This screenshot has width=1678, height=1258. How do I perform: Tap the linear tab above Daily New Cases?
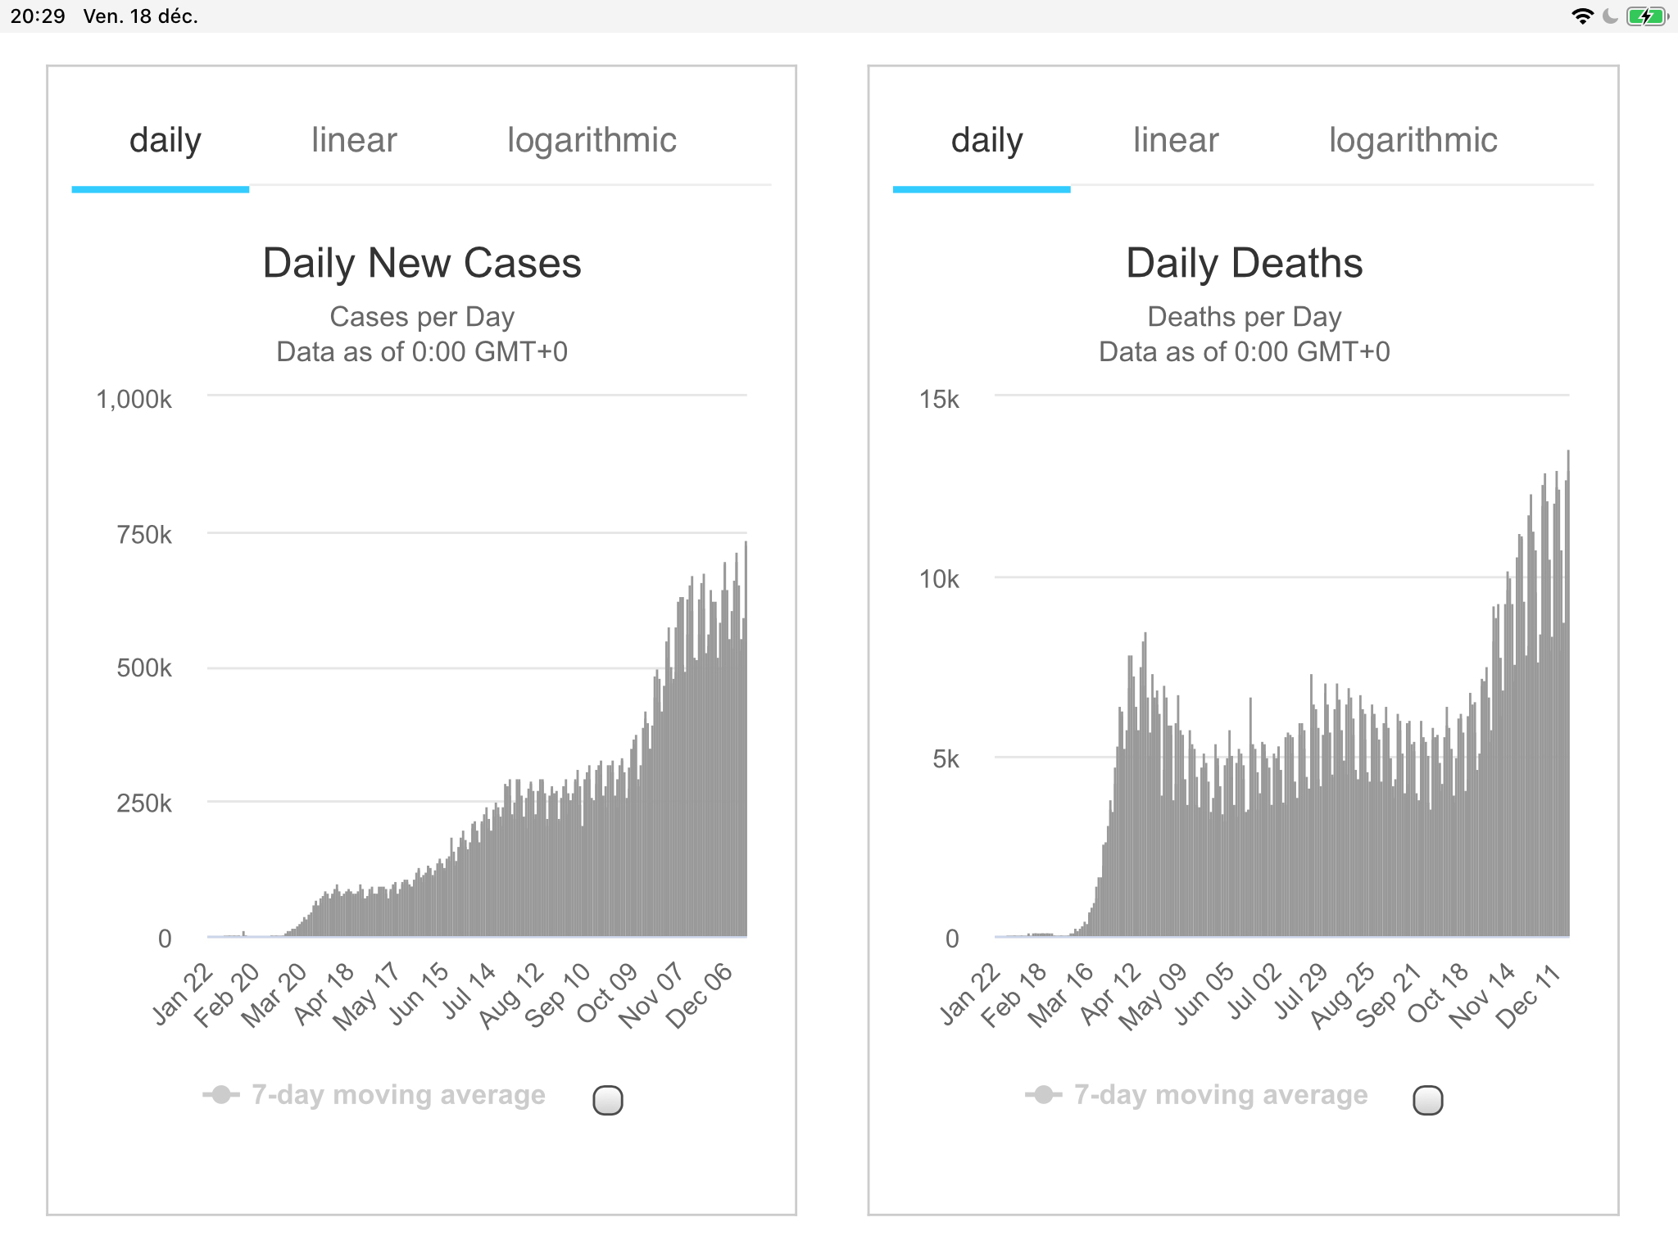(354, 140)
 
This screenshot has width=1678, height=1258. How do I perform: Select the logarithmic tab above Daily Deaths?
(1413, 140)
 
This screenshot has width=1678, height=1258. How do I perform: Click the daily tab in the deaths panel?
(986, 140)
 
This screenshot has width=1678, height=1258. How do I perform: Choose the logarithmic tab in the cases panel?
(592, 140)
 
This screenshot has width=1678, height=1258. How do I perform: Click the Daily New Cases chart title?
(422, 264)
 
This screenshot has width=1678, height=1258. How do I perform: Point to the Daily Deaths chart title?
(1244, 264)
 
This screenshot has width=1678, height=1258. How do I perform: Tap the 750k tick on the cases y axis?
(144, 535)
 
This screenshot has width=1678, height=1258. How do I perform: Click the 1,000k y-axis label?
(134, 400)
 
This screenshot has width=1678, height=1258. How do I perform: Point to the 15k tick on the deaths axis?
(939, 400)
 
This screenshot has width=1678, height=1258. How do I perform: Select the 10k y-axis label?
(939, 579)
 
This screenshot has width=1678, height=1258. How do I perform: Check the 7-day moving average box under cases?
(608, 1100)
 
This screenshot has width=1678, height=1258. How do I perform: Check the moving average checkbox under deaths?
(1428, 1100)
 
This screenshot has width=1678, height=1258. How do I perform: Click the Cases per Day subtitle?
(422, 317)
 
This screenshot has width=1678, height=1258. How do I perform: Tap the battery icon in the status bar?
(1646, 16)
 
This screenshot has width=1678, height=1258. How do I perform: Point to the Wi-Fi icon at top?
(1582, 16)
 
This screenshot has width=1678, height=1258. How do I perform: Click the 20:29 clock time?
(38, 16)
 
